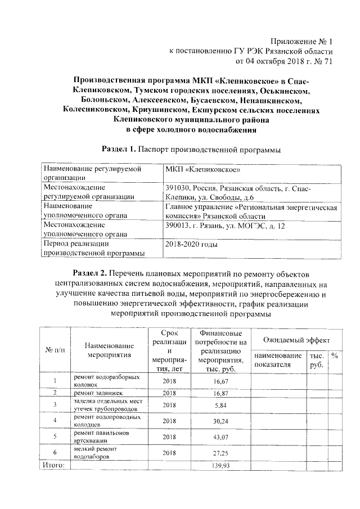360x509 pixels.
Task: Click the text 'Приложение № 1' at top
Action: click(x=301, y=41)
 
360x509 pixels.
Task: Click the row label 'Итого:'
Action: click(x=54, y=466)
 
